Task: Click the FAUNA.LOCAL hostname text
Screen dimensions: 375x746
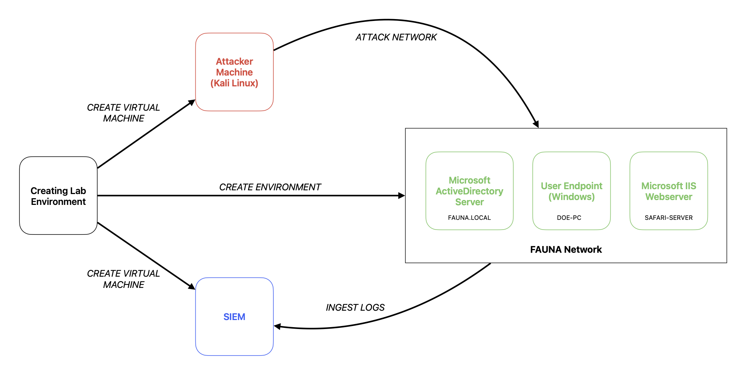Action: coord(469,218)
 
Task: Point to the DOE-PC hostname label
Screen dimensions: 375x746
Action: coord(569,218)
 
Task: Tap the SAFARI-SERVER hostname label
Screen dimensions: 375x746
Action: coord(668,218)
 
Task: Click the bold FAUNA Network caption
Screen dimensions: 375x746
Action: coord(566,249)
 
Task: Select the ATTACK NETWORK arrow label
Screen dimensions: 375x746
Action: coord(396,37)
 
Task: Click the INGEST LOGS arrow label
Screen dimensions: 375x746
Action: coord(355,307)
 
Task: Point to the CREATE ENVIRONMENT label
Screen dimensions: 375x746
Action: coord(270,187)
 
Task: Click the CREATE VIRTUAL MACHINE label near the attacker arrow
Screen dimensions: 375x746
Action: coord(123,113)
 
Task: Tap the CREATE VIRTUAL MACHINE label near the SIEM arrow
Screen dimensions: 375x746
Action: coord(123,279)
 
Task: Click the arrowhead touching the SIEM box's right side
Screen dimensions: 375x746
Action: coord(278,326)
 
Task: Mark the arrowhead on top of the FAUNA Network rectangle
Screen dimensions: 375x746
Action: coord(536,124)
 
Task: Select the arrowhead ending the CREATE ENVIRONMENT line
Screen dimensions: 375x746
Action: coord(402,196)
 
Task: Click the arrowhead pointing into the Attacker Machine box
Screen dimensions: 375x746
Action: coord(192,102)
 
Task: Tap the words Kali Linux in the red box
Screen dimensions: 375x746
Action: coord(234,83)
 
